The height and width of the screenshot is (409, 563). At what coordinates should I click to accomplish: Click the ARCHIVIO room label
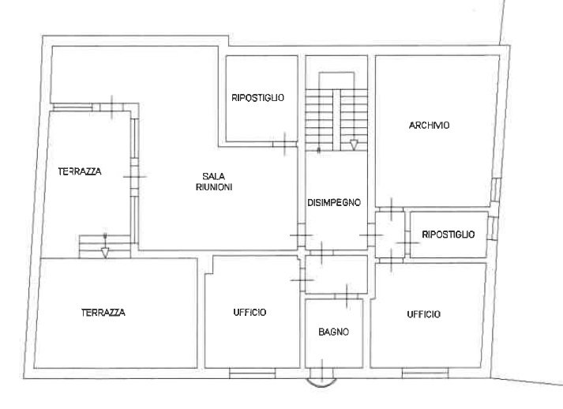(x=429, y=126)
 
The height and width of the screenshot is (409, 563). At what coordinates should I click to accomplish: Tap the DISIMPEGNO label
(x=334, y=203)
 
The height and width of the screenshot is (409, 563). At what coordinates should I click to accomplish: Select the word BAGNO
(x=333, y=332)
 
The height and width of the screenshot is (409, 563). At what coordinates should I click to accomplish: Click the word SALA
(x=214, y=176)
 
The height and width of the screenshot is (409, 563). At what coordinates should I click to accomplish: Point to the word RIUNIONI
(x=214, y=187)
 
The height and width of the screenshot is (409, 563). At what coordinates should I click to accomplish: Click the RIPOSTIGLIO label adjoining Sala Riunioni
(x=257, y=98)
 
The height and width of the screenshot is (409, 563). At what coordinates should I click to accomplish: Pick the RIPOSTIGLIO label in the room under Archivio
(x=448, y=235)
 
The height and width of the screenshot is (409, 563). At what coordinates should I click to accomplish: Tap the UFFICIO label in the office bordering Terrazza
(x=250, y=313)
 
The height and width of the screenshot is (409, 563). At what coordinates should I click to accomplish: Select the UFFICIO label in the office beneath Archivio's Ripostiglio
(x=424, y=314)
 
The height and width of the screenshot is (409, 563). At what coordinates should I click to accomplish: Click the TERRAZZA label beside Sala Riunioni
(x=80, y=171)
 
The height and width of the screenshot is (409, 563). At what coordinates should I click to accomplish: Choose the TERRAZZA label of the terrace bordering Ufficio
(x=103, y=313)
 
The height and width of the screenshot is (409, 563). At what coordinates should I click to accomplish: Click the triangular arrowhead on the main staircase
(x=354, y=145)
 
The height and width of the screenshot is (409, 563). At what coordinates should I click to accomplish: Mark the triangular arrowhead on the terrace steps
(x=105, y=253)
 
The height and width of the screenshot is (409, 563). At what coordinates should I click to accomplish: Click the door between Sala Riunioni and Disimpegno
(x=302, y=235)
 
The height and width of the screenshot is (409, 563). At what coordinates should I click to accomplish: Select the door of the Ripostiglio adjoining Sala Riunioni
(x=284, y=144)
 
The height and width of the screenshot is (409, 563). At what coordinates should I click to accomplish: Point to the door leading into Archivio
(x=392, y=209)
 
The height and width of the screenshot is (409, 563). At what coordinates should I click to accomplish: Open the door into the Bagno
(x=347, y=296)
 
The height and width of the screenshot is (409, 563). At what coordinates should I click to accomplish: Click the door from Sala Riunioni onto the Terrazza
(x=134, y=177)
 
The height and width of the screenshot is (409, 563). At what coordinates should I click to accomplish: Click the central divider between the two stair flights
(x=336, y=120)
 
